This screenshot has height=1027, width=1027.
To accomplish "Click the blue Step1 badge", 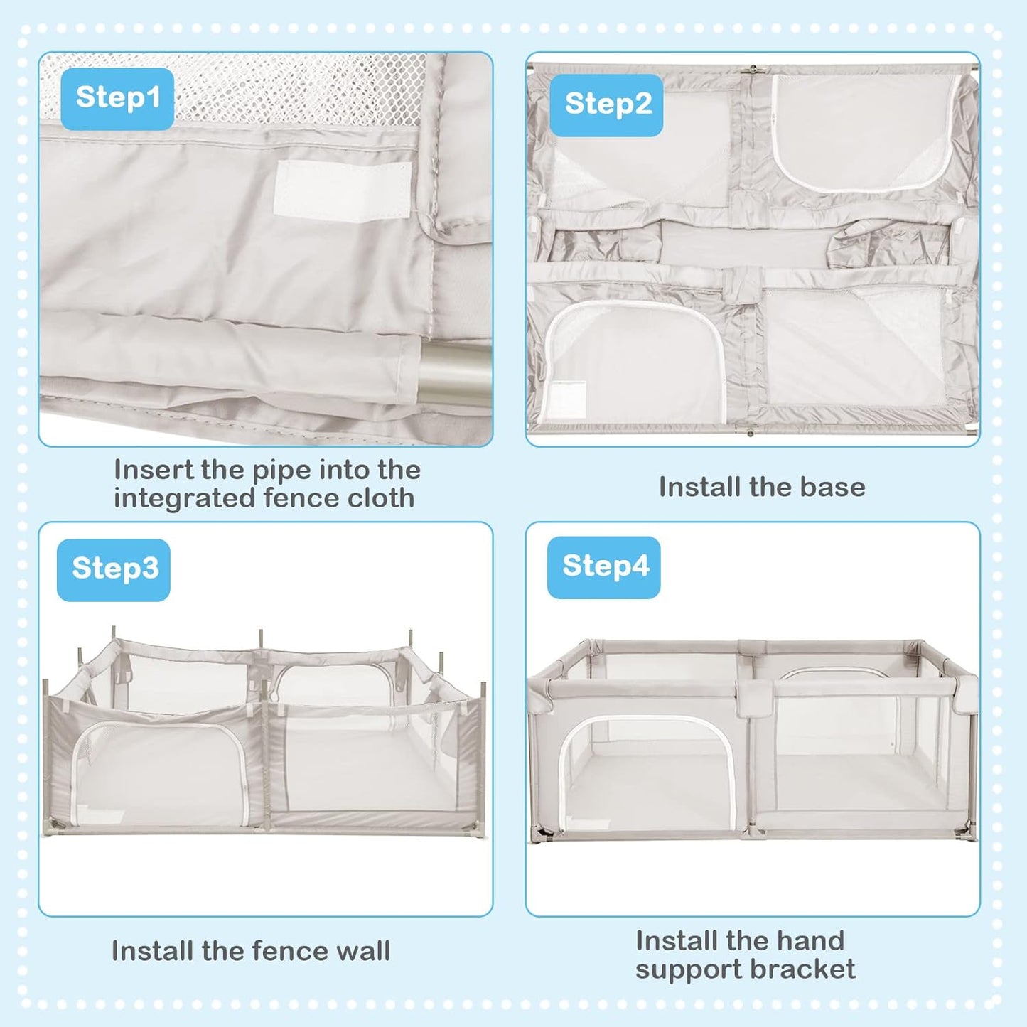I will [x=117, y=98].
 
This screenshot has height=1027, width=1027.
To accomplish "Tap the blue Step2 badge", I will [x=607, y=104].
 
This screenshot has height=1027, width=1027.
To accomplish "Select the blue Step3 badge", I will [x=114, y=569].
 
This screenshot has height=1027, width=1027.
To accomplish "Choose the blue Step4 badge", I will [x=604, y=566].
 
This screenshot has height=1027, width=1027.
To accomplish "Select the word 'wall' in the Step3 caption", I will [x=361, y=951].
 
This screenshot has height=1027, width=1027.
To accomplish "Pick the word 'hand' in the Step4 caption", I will [x=810, y=940].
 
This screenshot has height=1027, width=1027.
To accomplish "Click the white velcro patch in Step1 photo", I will [x=342, y=190].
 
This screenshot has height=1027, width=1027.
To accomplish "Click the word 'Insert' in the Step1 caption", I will [x=154, y=470].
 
